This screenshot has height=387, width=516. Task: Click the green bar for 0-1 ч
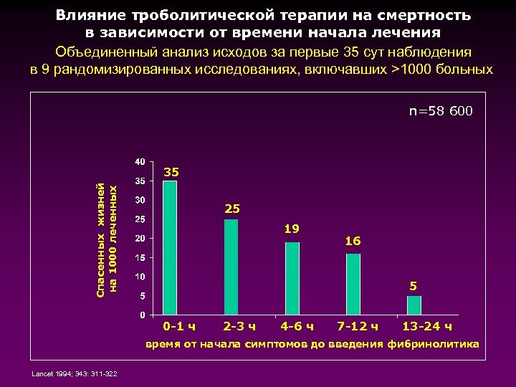[170, 247]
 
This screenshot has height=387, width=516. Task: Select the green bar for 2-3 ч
[231, 267]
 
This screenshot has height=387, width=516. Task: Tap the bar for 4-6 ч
[292, 278]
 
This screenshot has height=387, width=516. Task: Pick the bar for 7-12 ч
[353, 284]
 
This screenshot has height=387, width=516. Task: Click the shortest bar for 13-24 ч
[414, 305]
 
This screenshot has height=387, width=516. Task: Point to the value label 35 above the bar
[171, 173]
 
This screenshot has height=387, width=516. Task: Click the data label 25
[232, 209]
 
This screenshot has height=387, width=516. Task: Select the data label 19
[292, 229]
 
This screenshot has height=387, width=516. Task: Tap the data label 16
[353, 242]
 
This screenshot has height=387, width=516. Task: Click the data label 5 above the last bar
[414, 286]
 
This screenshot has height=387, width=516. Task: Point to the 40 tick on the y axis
[140, 161]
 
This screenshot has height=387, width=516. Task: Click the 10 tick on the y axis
[140, 277]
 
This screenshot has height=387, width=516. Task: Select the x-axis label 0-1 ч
[178, 328]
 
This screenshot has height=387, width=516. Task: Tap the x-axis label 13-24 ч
[427, 328]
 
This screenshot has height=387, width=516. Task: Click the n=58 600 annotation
[441, 111]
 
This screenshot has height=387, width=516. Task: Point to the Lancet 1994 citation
[75, 373]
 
